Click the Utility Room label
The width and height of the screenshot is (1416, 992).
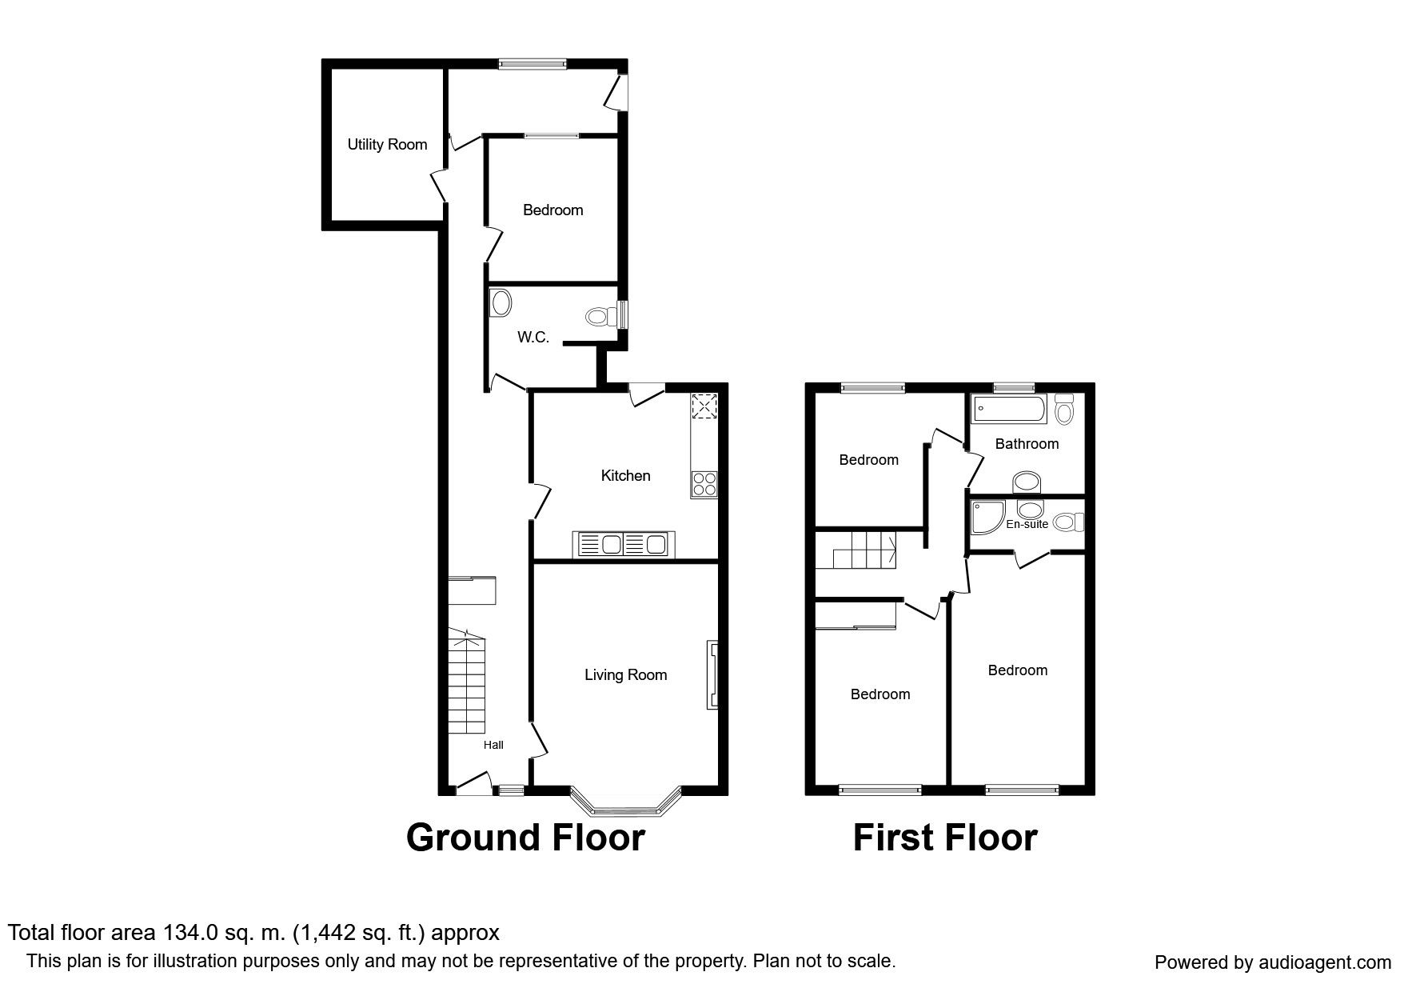(387, 145)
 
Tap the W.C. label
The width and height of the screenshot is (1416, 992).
(533, 338)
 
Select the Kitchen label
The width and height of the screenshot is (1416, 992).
(625, 476)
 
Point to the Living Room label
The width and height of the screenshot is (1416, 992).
(625, 675)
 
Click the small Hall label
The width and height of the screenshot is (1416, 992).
(493, 745)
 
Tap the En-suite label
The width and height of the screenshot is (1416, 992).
(1027, 524)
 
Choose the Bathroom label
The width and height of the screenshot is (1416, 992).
(1027, 444)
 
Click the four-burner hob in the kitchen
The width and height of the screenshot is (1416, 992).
(704, 485)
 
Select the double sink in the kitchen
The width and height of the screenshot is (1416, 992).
(622, 544)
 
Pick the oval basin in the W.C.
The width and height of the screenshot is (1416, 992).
(501, 303)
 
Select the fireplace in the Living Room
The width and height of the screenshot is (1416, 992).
(712, 674)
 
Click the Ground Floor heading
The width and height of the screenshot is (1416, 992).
(525, 838)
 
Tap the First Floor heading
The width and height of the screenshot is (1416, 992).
(945, 838)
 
